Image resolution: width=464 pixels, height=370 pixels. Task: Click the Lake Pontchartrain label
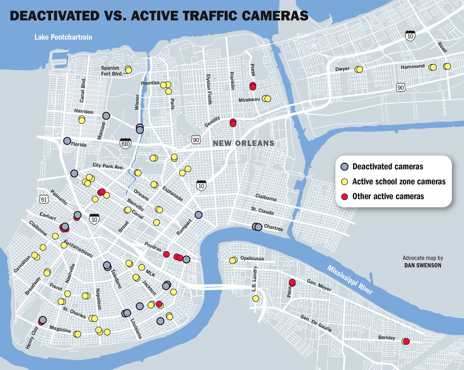pos(63,37)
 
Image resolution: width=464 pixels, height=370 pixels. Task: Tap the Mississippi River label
pos(350,280)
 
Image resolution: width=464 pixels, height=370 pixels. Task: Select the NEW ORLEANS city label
pos(243,143)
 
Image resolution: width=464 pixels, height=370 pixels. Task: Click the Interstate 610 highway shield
pos(126,143)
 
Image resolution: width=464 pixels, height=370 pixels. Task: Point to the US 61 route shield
pos(44,199)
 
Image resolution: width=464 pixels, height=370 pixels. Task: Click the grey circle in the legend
pos(344,167)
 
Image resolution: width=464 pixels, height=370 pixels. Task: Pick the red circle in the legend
pos(344,197)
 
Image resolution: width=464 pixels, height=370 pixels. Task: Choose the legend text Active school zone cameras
pos(399,182)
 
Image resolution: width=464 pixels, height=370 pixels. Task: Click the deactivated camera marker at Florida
pos(67,141)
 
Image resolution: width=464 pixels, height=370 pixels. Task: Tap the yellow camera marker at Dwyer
pos(359,69)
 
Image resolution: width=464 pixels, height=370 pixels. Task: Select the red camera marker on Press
pos(253,86)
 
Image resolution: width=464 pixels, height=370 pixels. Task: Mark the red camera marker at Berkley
pos(406,341)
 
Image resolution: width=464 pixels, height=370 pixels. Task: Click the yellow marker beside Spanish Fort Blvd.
pos(128,70)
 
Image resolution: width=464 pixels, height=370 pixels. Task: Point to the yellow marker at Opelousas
pos(233,260)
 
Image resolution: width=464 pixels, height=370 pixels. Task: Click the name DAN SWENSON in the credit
pos(422,265)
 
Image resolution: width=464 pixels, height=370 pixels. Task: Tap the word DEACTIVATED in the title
pos(55,16)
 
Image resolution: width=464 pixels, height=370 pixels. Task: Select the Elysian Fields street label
pos(209,89)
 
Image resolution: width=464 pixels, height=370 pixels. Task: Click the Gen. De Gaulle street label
pos(316,323)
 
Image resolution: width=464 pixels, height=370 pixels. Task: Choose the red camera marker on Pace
pos(292,282)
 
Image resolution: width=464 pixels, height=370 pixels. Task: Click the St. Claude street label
pos(262,211)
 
